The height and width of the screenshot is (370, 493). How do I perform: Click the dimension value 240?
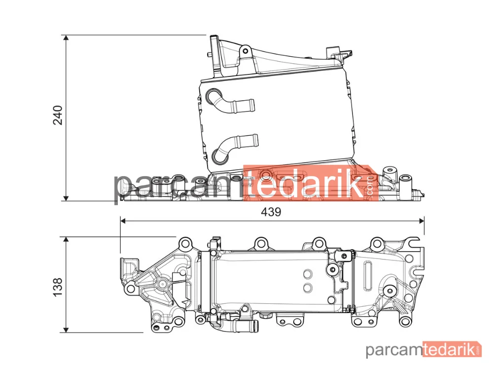coord(58,115)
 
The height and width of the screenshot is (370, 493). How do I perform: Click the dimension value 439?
coord(271,212)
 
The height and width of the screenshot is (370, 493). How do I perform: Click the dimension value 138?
coord(58,287)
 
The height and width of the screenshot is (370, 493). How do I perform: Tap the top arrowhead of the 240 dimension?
coord(66,38)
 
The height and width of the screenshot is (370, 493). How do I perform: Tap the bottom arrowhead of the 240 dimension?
coord(66,198)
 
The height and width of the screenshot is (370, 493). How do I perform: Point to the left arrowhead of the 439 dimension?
coord(123,221)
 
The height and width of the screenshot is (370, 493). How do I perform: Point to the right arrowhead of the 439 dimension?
coord(422,221)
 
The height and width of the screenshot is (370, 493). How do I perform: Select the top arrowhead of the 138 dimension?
coord(66,240)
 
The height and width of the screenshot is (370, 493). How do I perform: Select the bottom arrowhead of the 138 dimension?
coord(66,329)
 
